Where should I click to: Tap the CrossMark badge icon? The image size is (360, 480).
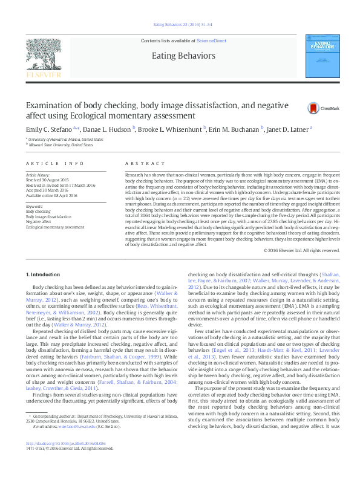click(x=313, y=108)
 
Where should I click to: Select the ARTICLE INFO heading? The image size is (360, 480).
click(x=47, y=164)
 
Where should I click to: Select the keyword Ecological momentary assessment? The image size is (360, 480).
click(x=55, y=227)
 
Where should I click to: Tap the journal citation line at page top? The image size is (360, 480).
click(x=180, y=24)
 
